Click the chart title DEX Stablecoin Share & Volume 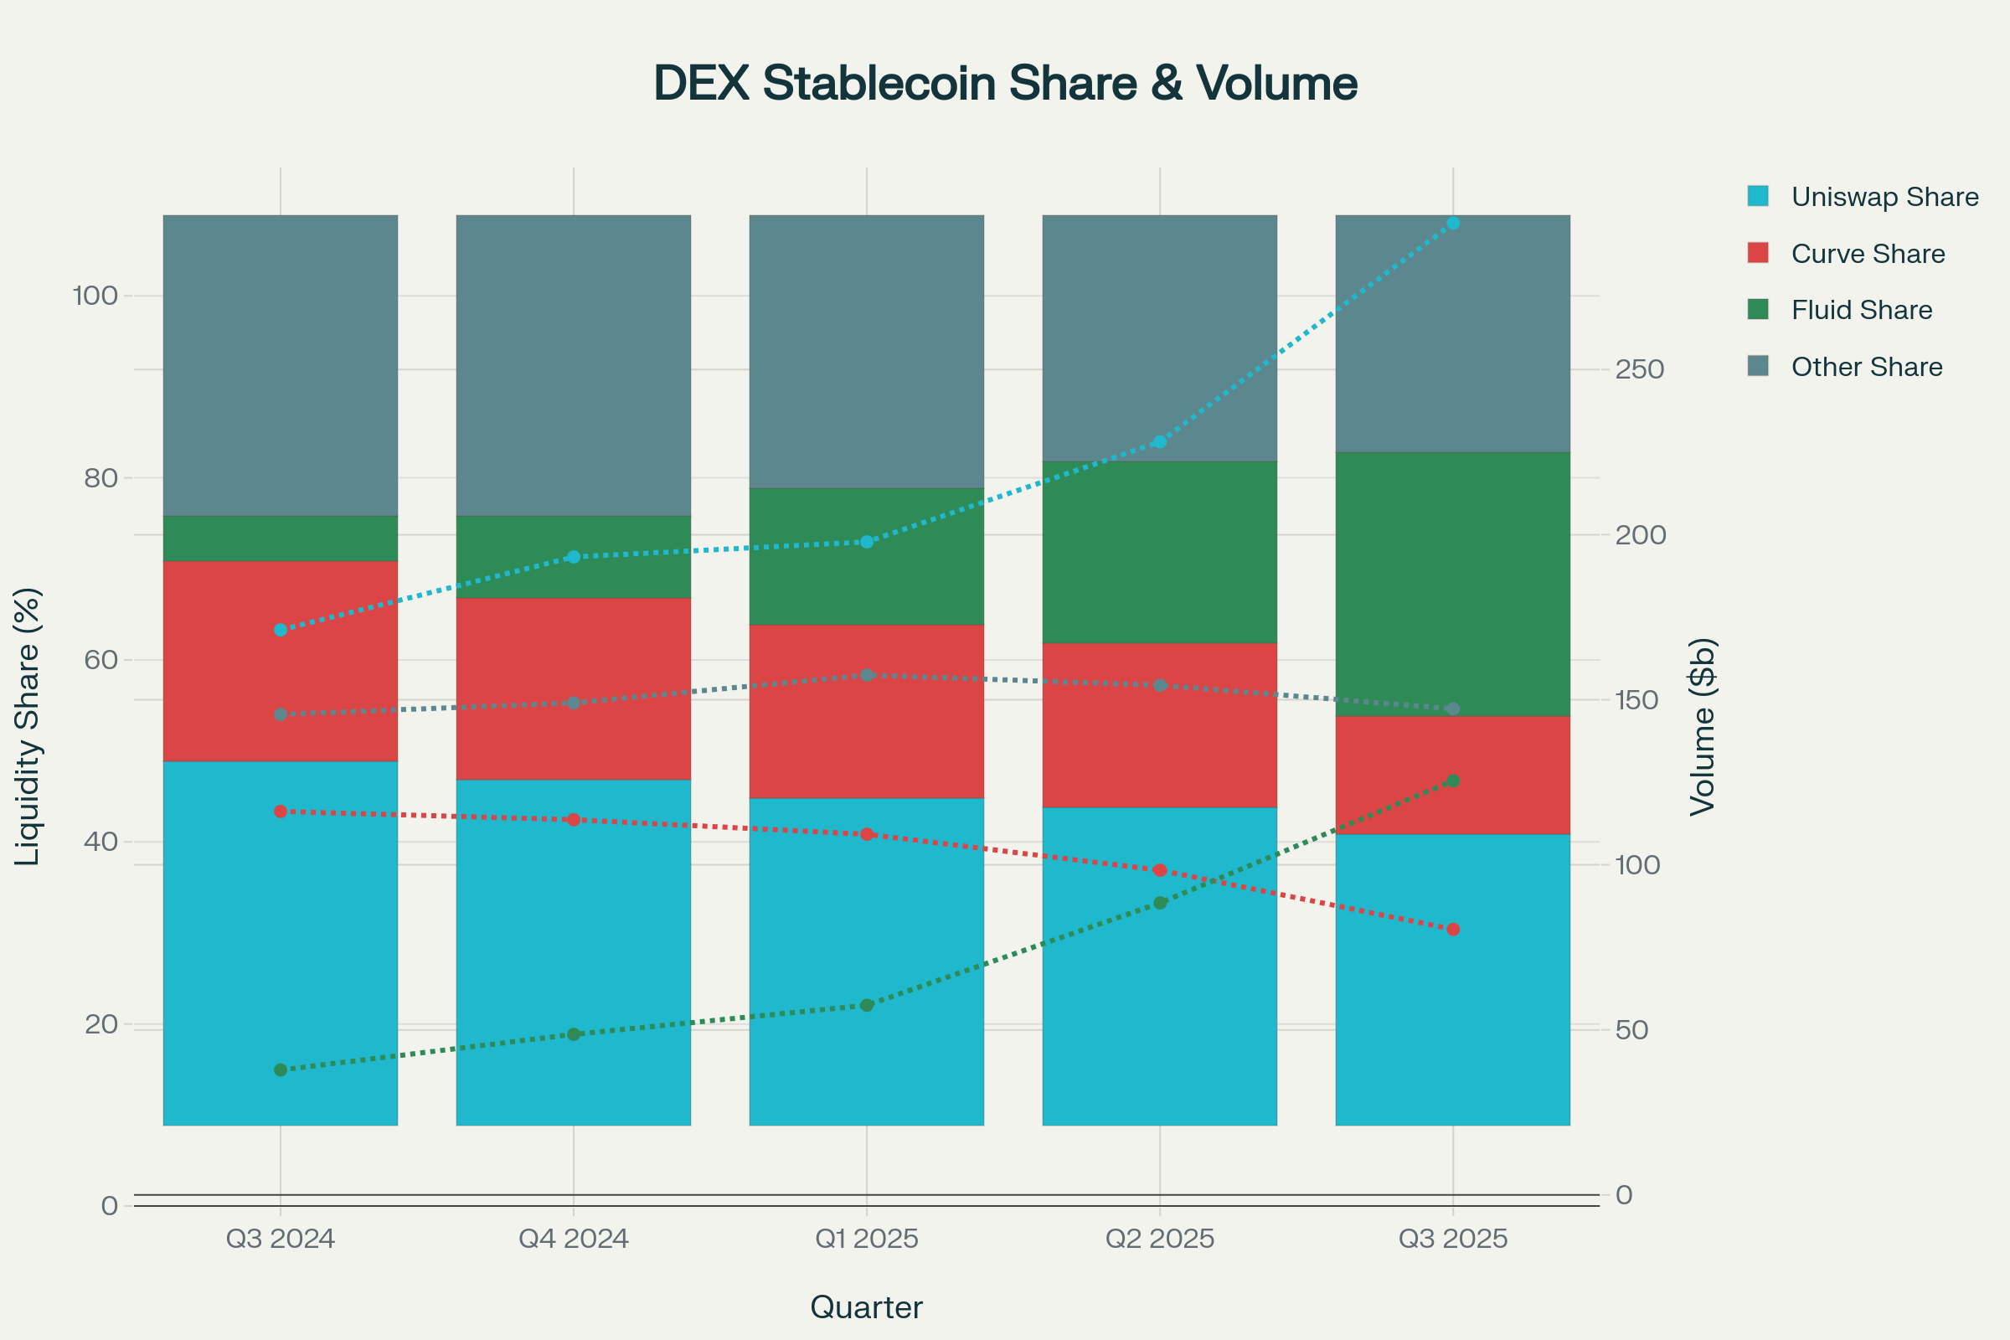1005,84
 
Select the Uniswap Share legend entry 1884,197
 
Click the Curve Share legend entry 1868,254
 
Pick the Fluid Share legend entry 1861,310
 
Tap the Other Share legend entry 1867,367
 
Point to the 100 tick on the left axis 95,296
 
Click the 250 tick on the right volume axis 1639,369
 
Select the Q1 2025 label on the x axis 867,1239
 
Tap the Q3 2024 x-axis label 281,1239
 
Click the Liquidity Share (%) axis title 28,726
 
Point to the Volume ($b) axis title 1703,726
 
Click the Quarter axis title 867,1307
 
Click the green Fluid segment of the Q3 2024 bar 281,539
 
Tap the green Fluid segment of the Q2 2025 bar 1160,552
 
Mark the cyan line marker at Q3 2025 1453,224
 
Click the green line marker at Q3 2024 281,1070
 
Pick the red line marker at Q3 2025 1453,929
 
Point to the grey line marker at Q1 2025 867,675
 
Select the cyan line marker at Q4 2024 574,557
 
